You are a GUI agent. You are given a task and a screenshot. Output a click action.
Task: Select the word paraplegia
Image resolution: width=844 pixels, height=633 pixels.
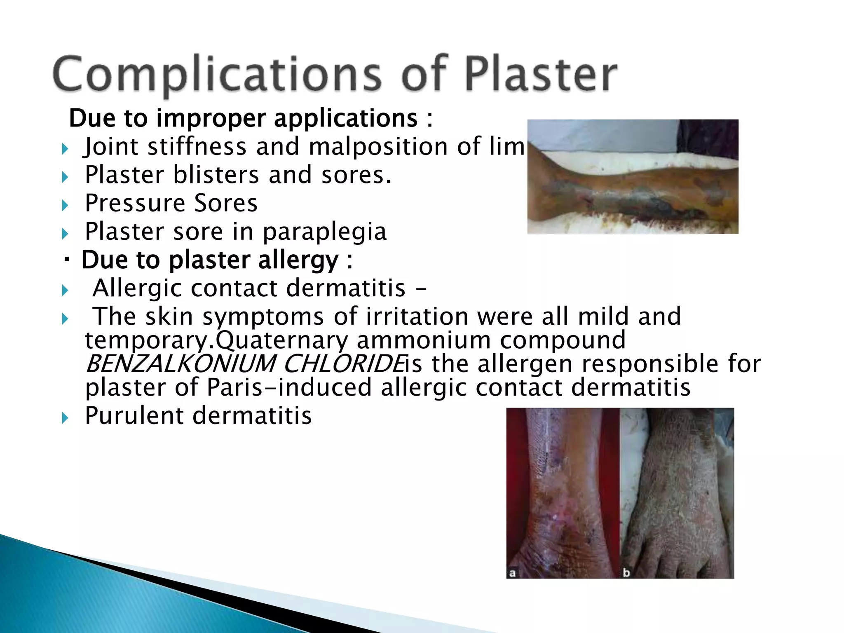click(324, 232)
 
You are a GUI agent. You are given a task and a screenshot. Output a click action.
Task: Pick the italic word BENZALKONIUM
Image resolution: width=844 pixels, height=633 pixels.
click(180, 364)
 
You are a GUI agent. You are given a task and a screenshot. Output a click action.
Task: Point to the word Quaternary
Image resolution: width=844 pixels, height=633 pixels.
click(282, 340)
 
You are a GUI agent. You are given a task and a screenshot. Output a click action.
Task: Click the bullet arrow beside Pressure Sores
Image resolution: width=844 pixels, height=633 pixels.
click(65, 205)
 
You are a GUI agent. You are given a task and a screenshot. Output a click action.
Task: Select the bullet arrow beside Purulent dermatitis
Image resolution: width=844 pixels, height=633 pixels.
click(65, 418)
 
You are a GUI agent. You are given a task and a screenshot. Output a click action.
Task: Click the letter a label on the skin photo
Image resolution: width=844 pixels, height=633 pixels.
click(512, 573)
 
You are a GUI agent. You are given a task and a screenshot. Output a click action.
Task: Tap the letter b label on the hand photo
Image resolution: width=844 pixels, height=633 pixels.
click(626, 572)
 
